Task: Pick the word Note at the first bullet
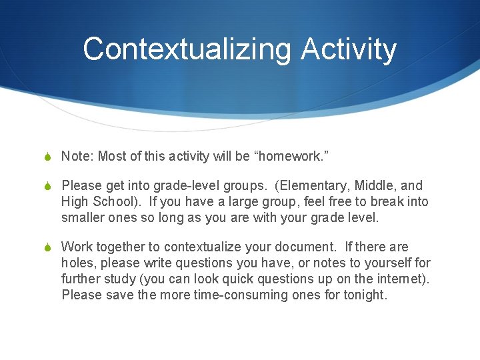click(77, 156)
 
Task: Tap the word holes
click(77, 263)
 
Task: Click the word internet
click(402, 279)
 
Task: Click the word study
click(120, 279)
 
